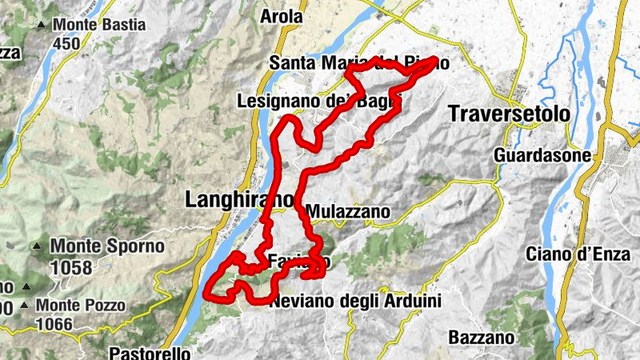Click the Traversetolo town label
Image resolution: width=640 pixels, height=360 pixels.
pos(510,113)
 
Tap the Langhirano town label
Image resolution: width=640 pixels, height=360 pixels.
pos(230,199)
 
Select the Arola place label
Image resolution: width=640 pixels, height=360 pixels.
pos(282,15)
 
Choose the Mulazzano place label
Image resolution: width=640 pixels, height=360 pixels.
pos(348,212)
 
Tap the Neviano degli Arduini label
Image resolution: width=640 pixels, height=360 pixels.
pos(355,302)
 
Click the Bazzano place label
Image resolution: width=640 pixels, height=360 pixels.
pos(481,337)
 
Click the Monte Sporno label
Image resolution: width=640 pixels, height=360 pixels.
pos(106,246)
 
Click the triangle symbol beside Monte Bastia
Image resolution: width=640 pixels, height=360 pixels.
pos(41,25)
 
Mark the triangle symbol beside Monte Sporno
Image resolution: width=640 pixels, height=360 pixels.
pos(37,246)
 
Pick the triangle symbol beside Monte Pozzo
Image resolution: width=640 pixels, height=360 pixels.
pos(26,306)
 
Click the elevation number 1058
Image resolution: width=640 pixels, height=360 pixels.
pos(70,267)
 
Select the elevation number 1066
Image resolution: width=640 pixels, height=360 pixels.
pos(54,324)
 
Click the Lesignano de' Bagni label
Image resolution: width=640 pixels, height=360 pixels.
pos(318,102)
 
